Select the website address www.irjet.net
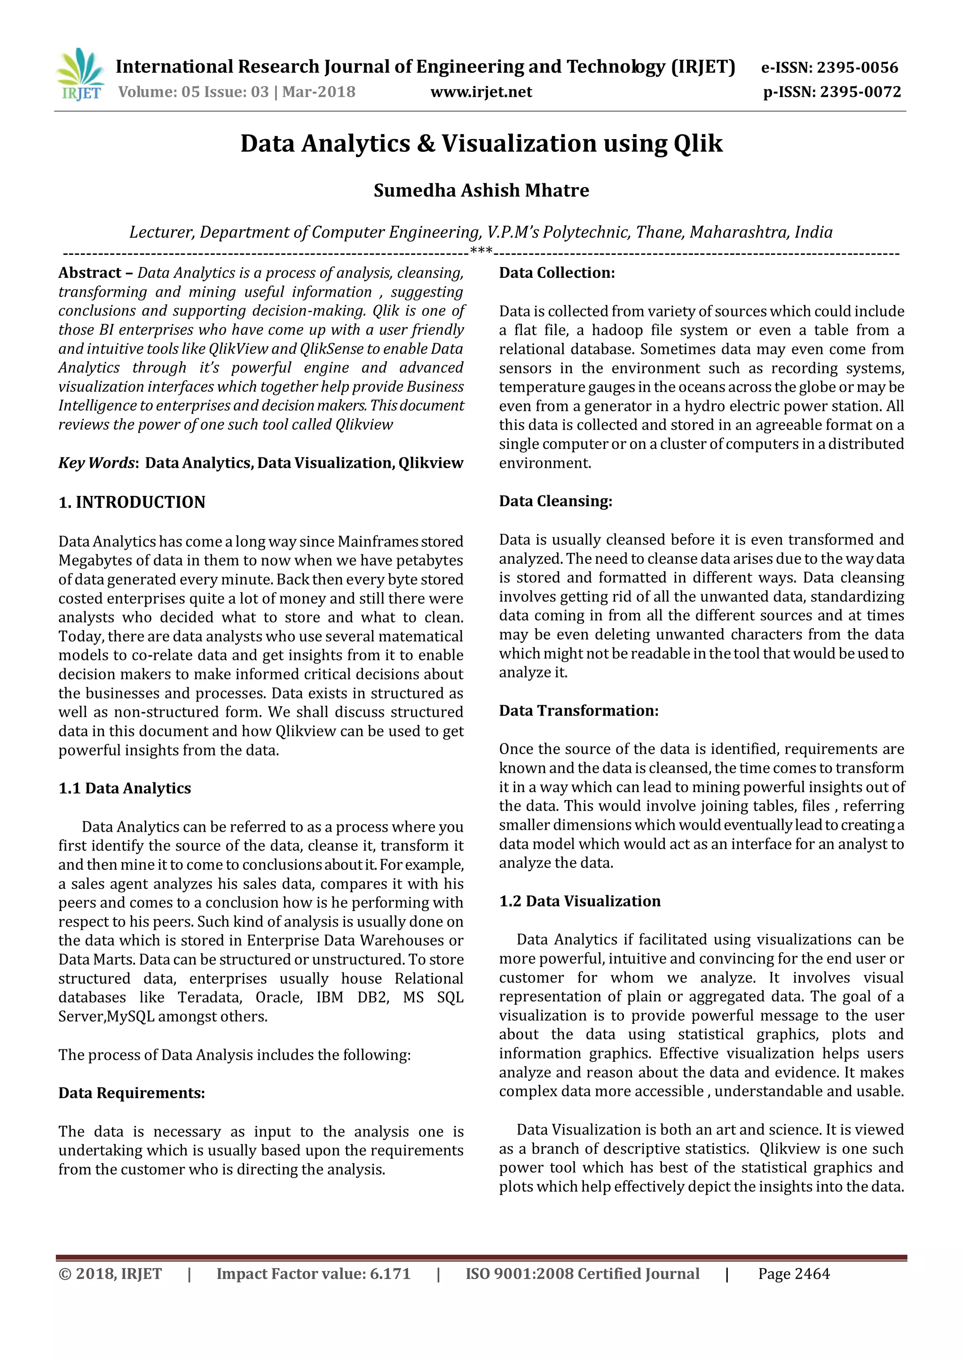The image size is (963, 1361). point(481,92)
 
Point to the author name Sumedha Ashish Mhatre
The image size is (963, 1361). point(481,190)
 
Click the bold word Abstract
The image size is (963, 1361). point(89,273)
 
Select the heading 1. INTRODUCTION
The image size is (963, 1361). point(132,502)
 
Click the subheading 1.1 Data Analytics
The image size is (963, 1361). point(125,788)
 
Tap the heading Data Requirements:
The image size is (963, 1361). point(132,1093)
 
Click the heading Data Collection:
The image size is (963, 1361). point(557,273)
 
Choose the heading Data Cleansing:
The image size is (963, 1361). point(555,501)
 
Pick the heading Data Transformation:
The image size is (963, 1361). point(578,711)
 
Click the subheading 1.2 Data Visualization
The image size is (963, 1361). point(579,901)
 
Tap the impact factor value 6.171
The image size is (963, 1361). point(390,1274)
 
